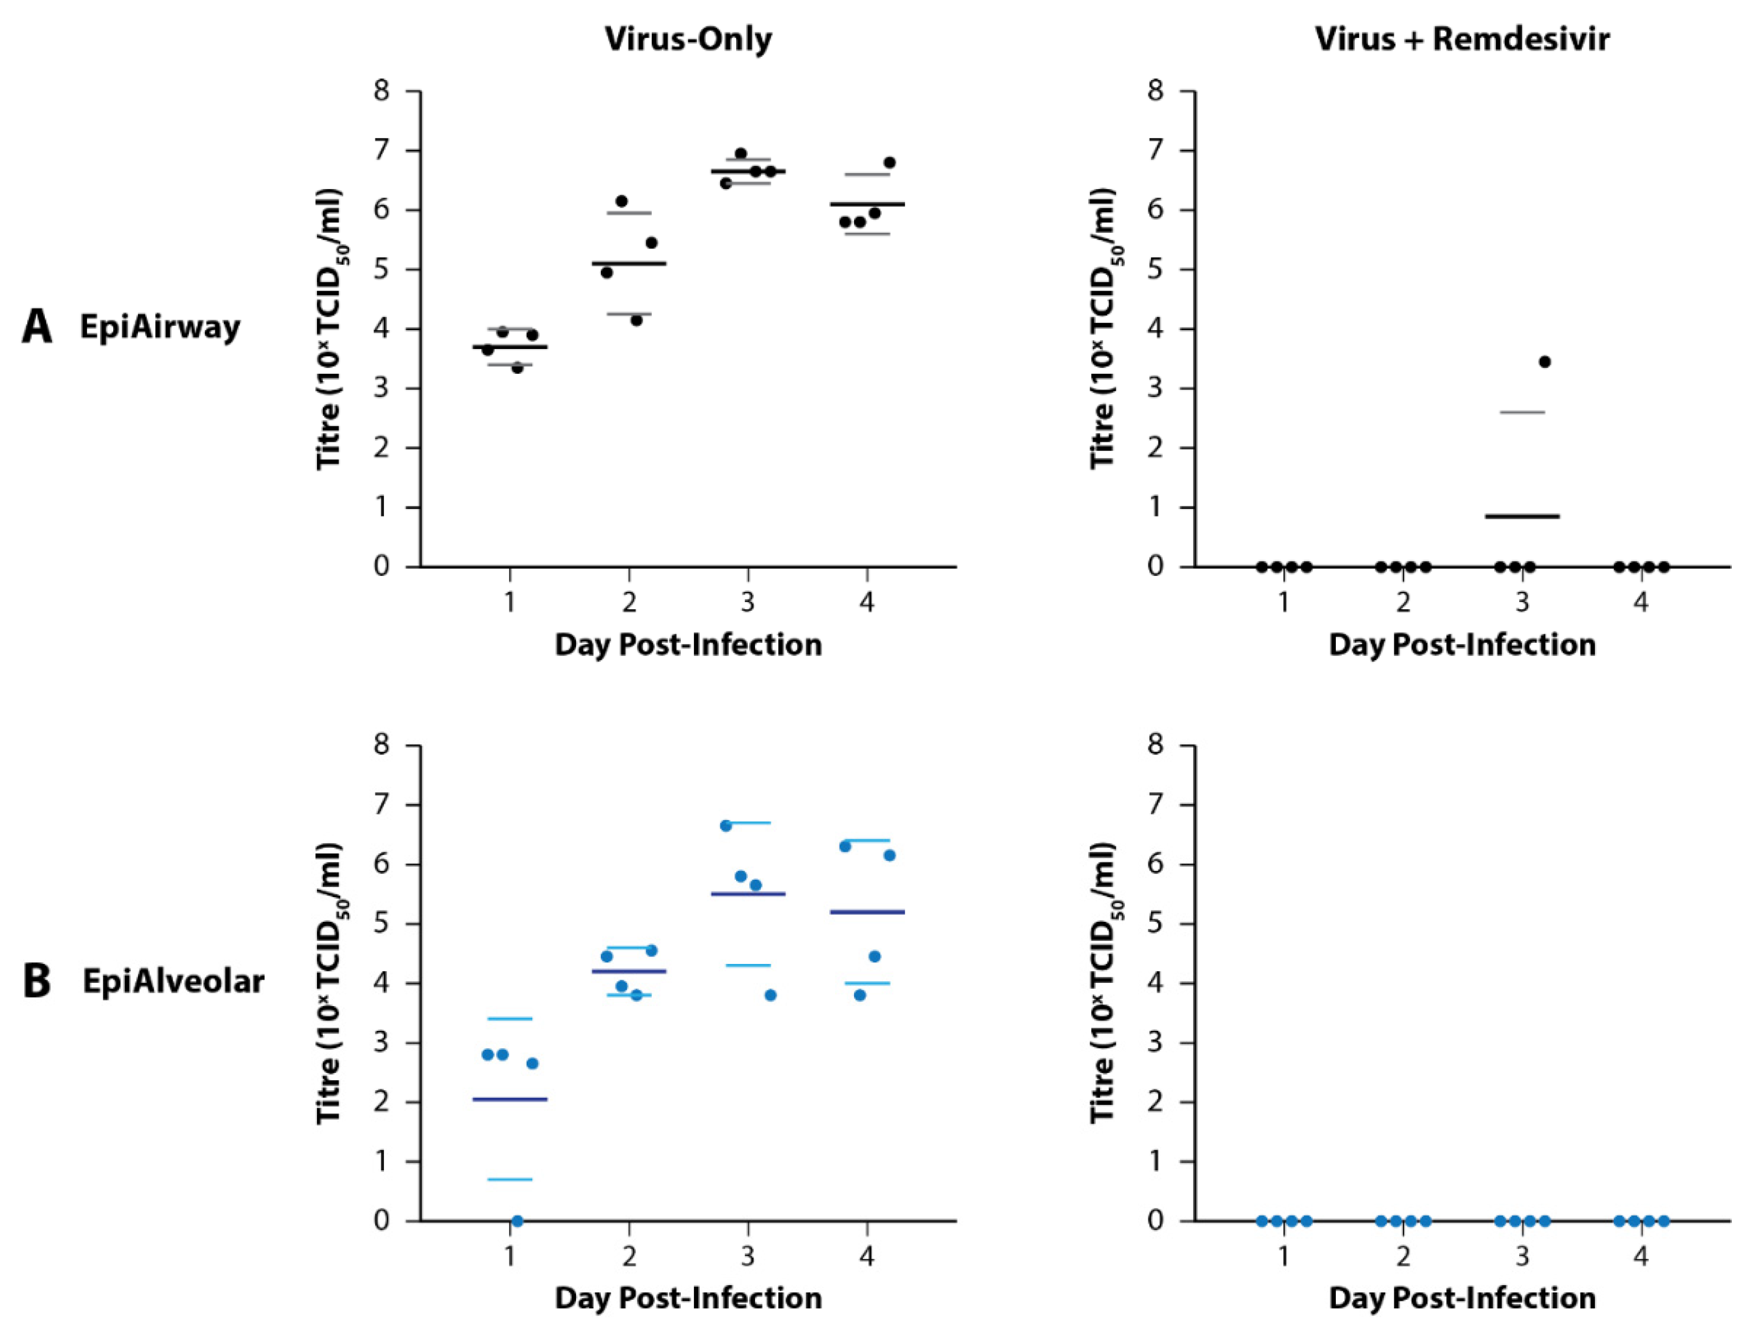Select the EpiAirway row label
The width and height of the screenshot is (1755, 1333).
coord(160,327)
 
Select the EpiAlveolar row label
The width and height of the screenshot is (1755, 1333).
coord(173,981)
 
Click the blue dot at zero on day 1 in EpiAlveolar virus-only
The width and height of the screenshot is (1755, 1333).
coord(517,1220)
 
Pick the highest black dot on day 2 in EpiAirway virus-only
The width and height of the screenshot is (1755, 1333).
coord(621,201)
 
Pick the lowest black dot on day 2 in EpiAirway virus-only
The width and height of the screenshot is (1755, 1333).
coord(636,320)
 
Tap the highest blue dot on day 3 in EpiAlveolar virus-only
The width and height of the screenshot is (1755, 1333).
coord(725,825)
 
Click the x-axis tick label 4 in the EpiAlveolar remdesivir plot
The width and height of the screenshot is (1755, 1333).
coord(1641,1256)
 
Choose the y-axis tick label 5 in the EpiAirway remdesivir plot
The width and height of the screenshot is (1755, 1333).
coord(1155,270)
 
